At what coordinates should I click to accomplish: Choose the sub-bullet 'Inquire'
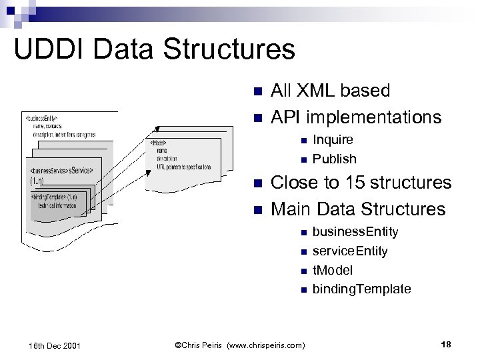[333, 140]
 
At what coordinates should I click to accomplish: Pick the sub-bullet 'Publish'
[334, 159]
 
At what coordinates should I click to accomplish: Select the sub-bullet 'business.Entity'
[355, 232]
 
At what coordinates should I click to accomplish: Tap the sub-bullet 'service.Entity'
[350, 251]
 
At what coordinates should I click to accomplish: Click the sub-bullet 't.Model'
[333, 270]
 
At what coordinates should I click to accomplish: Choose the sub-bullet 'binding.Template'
[361, 289]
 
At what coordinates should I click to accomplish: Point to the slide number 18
[447, 344]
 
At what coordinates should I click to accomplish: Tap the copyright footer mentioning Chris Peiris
[239, 345]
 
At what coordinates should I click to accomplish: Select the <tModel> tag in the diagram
[159, 143]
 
